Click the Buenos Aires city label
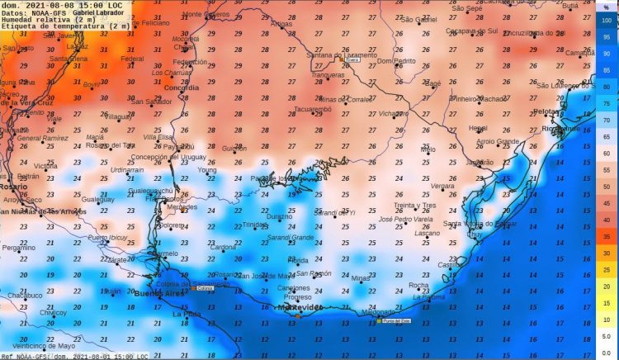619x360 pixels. coord(161,294)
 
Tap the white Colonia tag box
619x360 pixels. coord(204,288)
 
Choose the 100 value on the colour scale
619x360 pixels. coord(606,19)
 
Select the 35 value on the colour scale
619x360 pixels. coord(606,236)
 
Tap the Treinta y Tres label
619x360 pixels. coord(414,205)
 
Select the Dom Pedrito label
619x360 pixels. coord(396,61)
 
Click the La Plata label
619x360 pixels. coord(187,315)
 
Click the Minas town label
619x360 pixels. coord(361,278)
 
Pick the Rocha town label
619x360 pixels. coord(419,285)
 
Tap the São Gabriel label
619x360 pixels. coord(418,19)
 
